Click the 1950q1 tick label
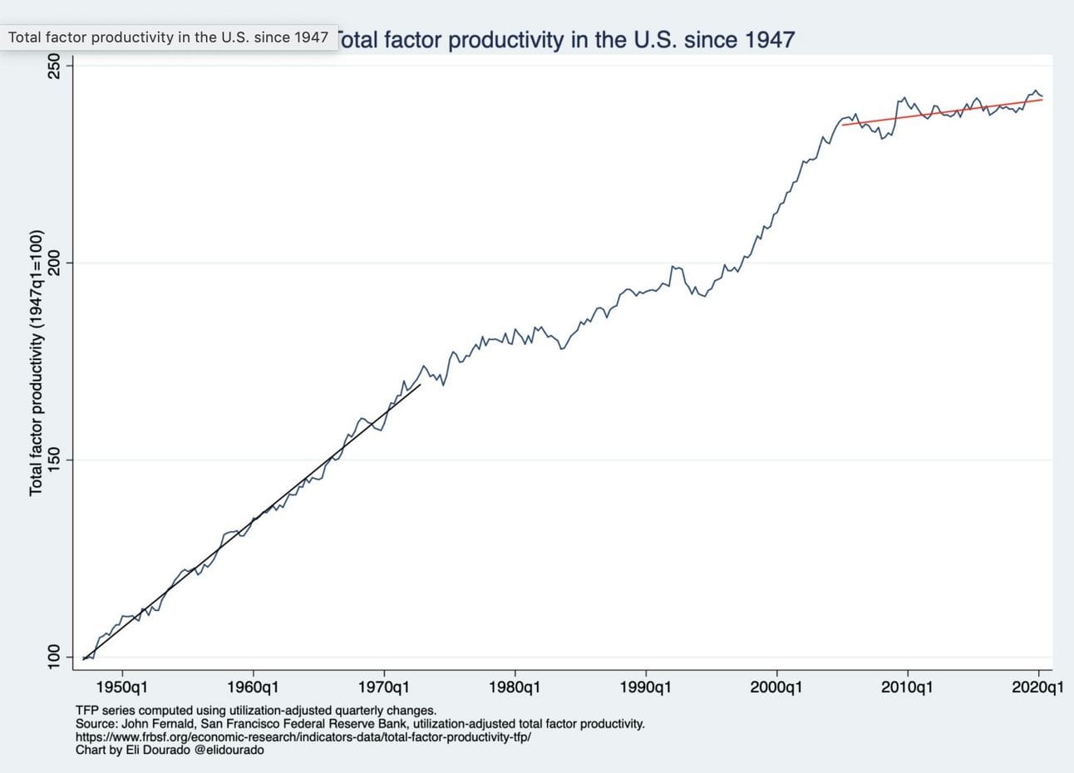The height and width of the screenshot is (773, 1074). pyautogui.click(x=123, y=687)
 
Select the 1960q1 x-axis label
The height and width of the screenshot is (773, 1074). pyautogui.click(x=254, y=687)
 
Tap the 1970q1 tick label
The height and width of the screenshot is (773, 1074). pyautogui.click(x=384, y=687)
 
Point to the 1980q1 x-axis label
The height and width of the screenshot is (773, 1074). pyautogui.click(x=515, y=687)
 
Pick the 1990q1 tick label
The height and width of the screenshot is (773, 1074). pyautogui.click(x=646, y=687)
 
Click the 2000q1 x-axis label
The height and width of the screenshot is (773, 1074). pyautogui.click(x=776, y=687)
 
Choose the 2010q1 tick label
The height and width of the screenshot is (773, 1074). pyautogui.click(x=907, y=687)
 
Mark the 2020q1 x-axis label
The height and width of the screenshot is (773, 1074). pyautogui.click(x=1038, y=687)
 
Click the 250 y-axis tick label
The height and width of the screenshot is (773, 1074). pyautogui.click(x=56, y=66)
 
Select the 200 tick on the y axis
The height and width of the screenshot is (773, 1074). pyautogui.click(x=56, y=263)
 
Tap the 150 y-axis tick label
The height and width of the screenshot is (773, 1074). pyautogui.click(x=56, y=460)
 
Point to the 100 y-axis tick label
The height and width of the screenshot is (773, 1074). pyautogui.click(x=56, y=657)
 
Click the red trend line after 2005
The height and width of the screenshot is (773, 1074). pyautogui.click(x=939, y=112)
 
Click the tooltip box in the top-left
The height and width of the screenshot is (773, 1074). pyautogui.click(x=169, y=37)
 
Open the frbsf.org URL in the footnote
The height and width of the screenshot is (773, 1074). pyautogui.click(x=303, y=737)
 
